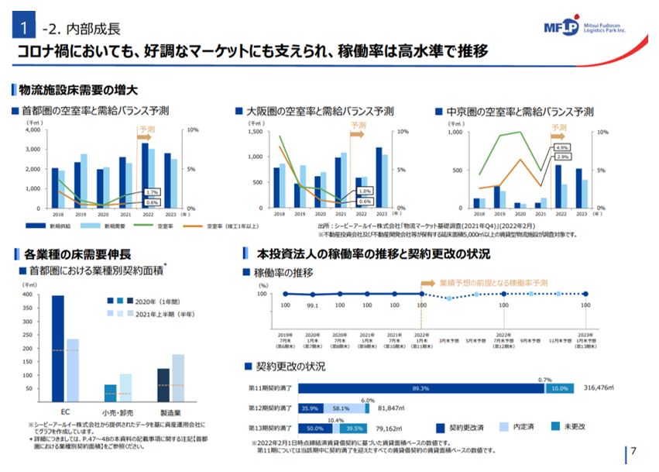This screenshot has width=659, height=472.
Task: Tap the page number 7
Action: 634,451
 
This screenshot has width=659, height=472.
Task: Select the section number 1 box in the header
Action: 26,29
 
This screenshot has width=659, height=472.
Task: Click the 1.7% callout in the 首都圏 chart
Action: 152,192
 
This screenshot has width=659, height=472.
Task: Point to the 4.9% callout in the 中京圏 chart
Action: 562,147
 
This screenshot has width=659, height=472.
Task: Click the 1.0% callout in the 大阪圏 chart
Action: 365,191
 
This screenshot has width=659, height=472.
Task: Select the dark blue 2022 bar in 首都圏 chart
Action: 144,175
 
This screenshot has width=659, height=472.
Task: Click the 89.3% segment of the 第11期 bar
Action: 420,388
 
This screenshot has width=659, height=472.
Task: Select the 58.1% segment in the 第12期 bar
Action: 342,408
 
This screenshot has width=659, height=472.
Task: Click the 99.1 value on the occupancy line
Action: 311,305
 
